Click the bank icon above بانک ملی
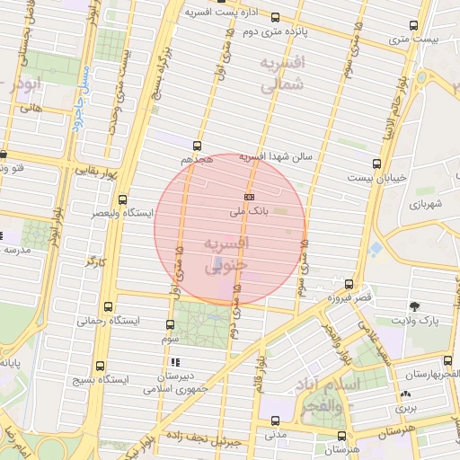249,197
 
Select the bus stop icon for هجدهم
198,145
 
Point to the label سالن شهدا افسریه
275,157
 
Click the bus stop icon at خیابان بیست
376,164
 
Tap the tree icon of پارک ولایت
414,306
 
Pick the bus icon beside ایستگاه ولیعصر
122,200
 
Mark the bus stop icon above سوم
171,324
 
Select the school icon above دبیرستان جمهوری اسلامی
173,362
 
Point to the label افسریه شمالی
282,74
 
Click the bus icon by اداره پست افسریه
275,17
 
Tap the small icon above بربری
405,394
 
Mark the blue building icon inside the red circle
221,262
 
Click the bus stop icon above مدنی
275,420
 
